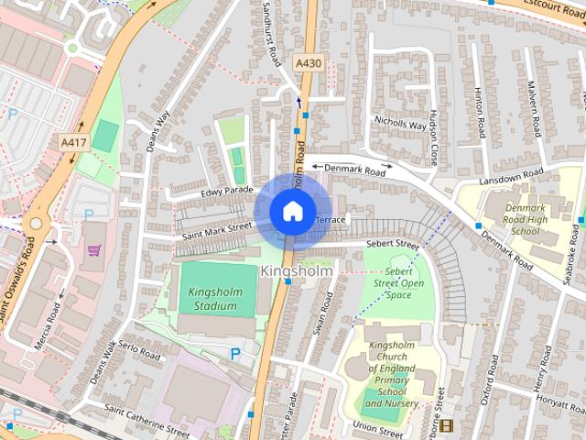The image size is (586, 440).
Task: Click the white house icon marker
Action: point(292,212)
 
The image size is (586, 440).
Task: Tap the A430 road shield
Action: point(309,62)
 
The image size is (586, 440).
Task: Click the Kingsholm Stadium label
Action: point(212,299)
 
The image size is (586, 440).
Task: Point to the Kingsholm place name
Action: point(297,271)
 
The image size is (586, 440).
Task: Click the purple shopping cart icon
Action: point(93,249)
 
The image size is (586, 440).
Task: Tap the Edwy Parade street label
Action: point(226,192)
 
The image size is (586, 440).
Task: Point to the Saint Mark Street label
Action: point(216,231)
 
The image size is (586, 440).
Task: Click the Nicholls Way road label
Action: point(400,124)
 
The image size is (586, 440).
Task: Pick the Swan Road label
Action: point(320,317)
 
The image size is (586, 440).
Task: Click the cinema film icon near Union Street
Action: point(446,425)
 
